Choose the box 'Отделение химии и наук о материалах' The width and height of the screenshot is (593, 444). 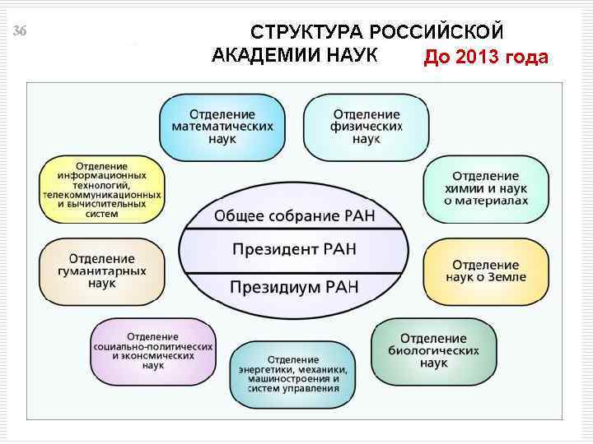pyautogui.click(x=485, y=189)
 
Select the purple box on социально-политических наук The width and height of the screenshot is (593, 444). pyautogui.click(x=153, y=352)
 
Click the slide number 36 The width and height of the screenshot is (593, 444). pyautogui.click(x=21, y=31)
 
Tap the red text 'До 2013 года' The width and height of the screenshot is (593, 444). pyautogui.click(x=485, y=58)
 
